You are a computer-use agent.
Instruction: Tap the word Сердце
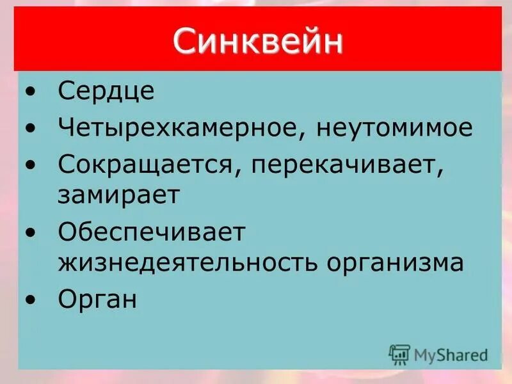tap(106, 92)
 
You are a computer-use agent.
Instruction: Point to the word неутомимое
tap(394, 128)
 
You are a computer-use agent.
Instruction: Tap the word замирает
tap(118, 195)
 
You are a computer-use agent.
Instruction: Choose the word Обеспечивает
tap(152, 232)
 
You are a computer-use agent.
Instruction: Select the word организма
tap(392, 262)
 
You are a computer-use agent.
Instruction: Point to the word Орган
tap(97, 299)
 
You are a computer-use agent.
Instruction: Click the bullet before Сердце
tap(32, 92)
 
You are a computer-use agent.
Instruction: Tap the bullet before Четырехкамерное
tap(32, 129)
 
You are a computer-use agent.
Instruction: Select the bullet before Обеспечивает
tap(32, 233)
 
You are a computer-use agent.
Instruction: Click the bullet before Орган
tap(32, 300)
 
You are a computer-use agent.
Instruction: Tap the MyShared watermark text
tap(451, 354)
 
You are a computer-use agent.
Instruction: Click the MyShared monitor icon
tap(399, 354)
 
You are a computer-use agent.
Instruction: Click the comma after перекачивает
tap(441, 173)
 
